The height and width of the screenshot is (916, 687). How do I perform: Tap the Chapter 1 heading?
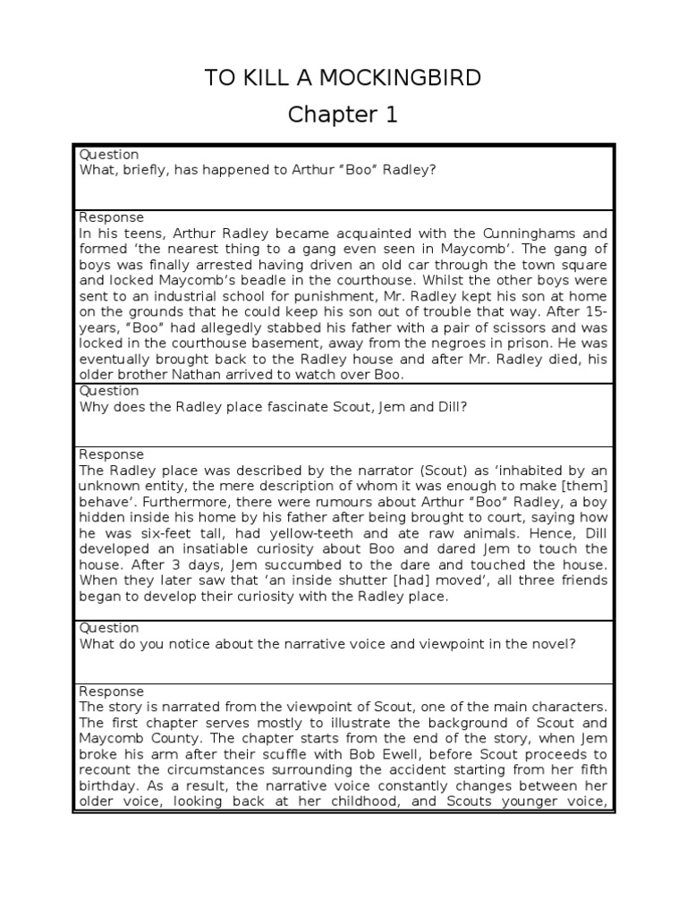tap(343, 114)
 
